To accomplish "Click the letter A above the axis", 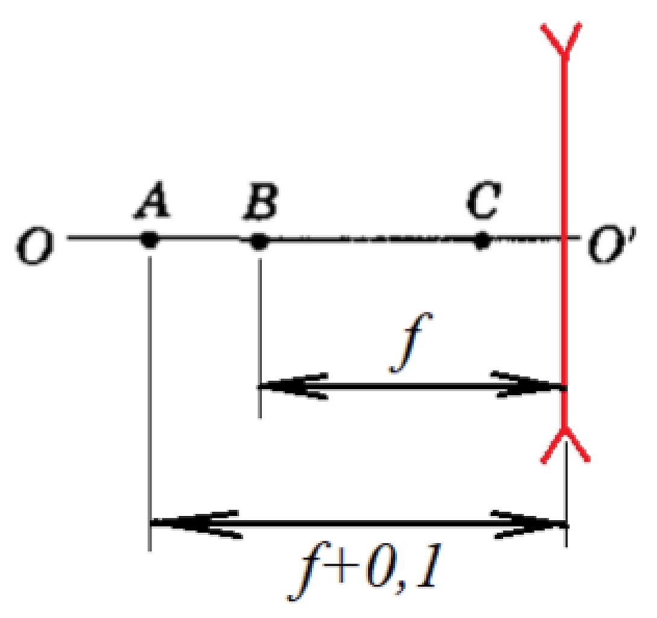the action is tap(151, 200).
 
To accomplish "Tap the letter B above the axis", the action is tap(261, 201).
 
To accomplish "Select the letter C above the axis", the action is tap(483, 200).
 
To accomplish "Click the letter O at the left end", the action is tap(35, 246).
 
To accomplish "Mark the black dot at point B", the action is tap(259, 241).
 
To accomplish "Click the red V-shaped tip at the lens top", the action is tap(562, 40).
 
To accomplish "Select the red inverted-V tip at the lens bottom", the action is tap(566, 444).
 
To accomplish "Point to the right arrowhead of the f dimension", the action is tap(527, 385).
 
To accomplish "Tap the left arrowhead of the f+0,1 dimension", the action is tap(195, 524).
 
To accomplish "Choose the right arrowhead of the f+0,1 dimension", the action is tap(528, 524).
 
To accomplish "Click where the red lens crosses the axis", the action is tap(565, 238).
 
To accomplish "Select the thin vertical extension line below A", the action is tap(150, 403).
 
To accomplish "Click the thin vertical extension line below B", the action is tap(260, 338).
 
